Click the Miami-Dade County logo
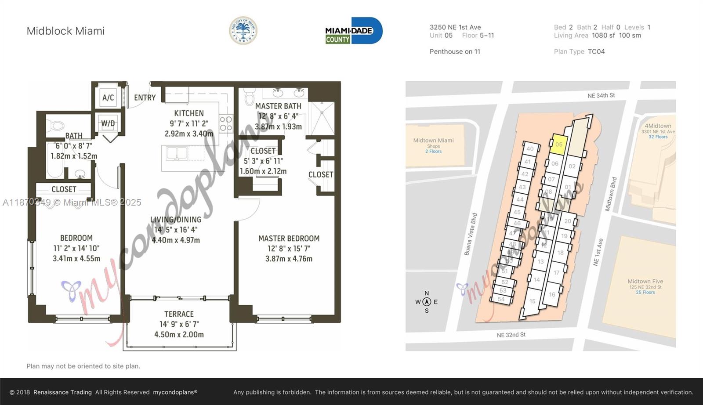coord(354,31)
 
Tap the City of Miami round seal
coord(243,31)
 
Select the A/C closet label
coord(108,98)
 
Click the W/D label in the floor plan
coord(108,123)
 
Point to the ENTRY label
coord(145,98)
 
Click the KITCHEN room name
coord(189,113)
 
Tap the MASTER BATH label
coord(278,106)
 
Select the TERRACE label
coord(179,314)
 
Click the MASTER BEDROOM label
coord(289,239)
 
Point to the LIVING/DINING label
coord(176,220)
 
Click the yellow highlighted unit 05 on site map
coord(558,145)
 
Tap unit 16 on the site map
coord(552,294)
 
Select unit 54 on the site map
coord(501,299)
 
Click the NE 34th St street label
coord(601,95)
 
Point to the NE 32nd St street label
coord(511,335)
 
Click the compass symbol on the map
coord(426,302)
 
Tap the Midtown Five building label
coord(645,282)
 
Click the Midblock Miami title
coord(65,31)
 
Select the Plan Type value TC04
coord(596,51)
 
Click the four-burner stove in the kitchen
coord(226,123)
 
